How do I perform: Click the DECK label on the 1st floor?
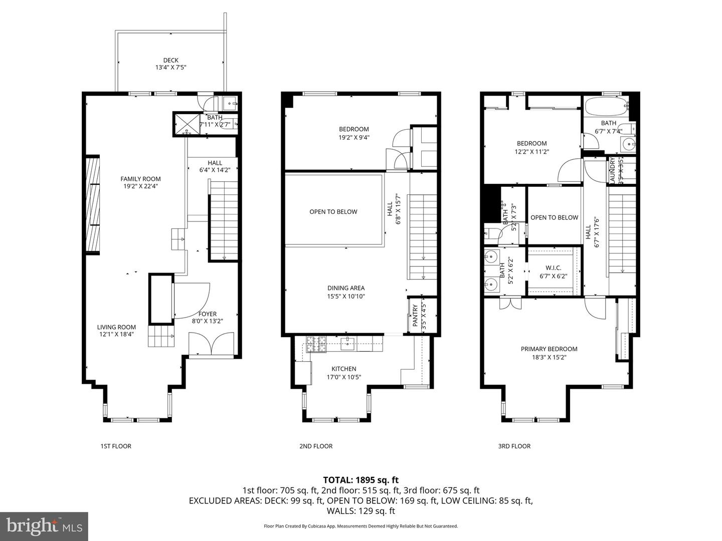click(x=170, y=60)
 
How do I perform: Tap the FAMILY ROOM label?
click(x=140, y=179)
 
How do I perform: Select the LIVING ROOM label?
click(x=116, y=327)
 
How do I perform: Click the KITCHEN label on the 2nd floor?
click(x=343, y=369)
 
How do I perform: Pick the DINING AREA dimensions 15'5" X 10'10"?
click(x=346, y=296)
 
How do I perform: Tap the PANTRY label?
click(x=415, y=316)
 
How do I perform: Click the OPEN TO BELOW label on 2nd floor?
click(x=333, y=212)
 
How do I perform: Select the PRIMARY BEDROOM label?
click(x=549, y=349)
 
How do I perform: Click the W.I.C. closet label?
click(x=554, y=268)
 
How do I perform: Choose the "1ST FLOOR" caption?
click(x=116, y=446)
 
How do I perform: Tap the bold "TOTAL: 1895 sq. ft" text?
click(x=361, y=480)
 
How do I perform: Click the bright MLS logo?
click(x=44, y=526)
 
